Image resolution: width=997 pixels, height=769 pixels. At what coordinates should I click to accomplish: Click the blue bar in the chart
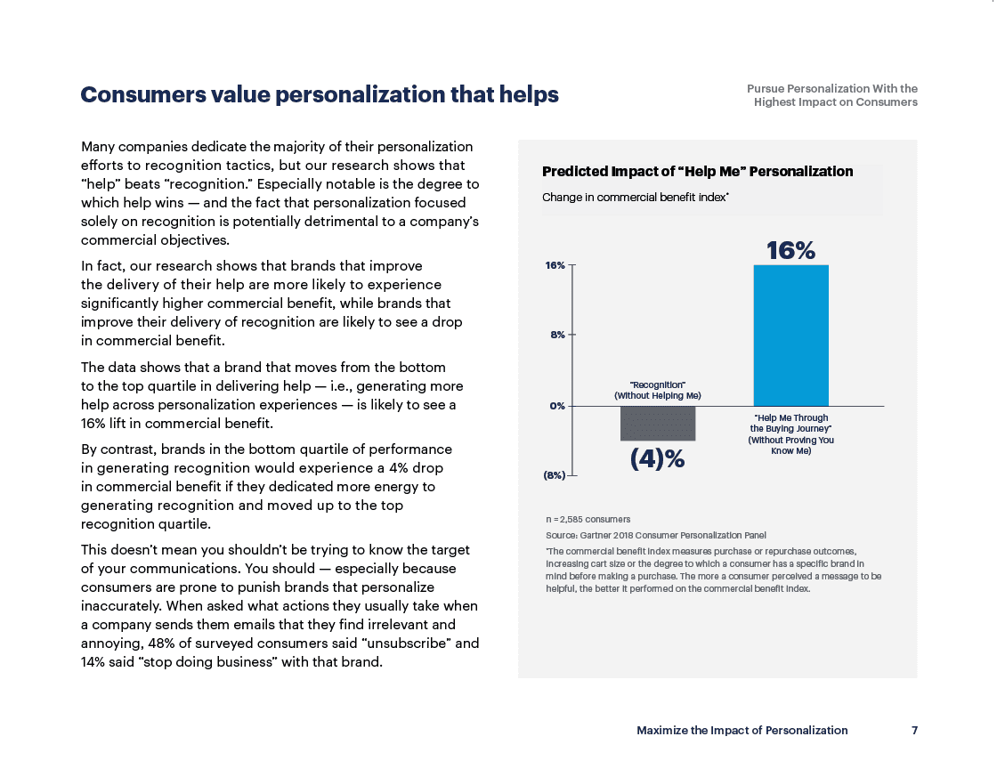tap(791, 336)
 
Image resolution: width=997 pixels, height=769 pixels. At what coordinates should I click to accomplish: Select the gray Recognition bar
tap(658, 424)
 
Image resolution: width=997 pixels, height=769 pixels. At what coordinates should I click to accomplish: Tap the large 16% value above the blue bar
tap(791, 250)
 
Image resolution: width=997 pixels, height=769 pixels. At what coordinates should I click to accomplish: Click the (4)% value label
tap(658, 458)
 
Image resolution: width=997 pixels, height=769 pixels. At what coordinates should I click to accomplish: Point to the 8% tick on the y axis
tap(557, 335)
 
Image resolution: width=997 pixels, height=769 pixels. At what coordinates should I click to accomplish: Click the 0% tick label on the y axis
tap(557, 406)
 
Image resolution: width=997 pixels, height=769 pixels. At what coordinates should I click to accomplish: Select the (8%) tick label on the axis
tap(554, 474)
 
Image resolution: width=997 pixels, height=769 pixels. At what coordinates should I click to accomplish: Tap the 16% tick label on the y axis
tap(555, 265)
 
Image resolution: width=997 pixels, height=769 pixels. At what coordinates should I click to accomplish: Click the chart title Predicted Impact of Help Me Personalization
tap(698, 172)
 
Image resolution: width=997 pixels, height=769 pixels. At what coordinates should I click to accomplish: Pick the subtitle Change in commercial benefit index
tap(636, 197)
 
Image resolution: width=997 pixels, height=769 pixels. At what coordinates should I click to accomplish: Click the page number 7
tap(914, 730)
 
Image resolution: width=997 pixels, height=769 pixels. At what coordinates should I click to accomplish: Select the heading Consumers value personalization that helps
tap(320, 94)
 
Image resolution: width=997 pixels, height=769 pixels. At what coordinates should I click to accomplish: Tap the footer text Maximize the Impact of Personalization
tap(742, 730)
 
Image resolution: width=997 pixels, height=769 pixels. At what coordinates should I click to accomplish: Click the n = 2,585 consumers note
tap(588, 519)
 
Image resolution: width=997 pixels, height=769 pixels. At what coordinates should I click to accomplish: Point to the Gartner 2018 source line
tap(655, 535)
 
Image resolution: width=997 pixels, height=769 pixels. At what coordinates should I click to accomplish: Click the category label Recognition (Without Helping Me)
tap(658, 390)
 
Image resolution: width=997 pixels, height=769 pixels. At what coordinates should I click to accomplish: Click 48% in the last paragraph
tap(161, 644)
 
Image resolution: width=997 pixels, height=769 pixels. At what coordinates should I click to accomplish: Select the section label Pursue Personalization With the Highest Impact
tap(832, 95)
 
